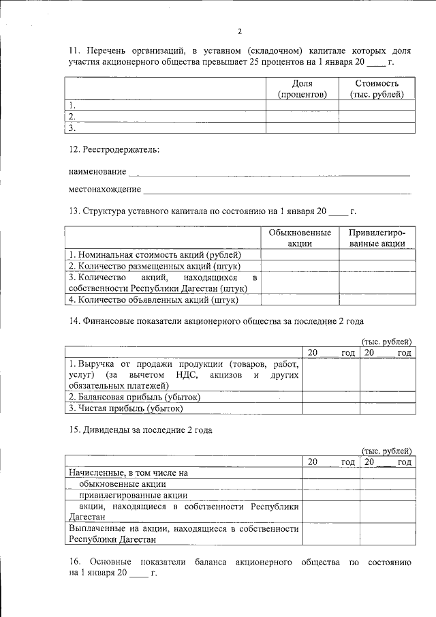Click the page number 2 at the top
(x=240, y=31)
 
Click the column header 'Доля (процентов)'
(x=302, y=89)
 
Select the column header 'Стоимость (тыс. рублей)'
(x=377, y=89)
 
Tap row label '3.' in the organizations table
(x=72, y=127)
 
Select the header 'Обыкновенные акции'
(x=300, y=238)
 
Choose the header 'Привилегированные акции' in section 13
(x=377, y=238)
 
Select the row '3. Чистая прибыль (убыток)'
(x=125, y=408)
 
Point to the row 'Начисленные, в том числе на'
(x=127, y=472)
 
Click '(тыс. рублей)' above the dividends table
(x=386, y=451)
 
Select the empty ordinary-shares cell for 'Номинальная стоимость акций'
(x=300, y=255)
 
